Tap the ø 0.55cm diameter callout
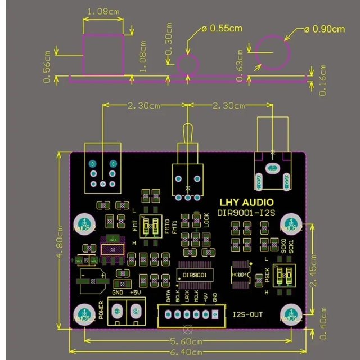pos(221,28)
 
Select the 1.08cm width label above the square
pos(103,11)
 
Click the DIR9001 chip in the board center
pos(195,275)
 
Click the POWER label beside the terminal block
pos(101,310)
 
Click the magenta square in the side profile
pos(103,54)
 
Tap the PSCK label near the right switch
pos(267,276)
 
